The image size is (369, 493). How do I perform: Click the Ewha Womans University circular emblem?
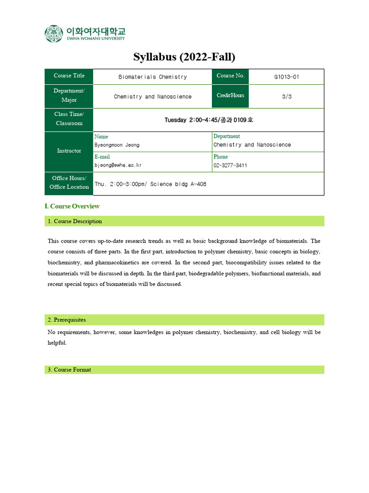tap(54, 34)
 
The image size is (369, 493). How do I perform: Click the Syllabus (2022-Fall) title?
tap(184, 57)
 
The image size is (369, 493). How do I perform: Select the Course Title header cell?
tap(69, 76)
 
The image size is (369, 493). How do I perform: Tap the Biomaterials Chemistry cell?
tap(152, 77)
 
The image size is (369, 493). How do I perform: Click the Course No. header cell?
tap(230, 76)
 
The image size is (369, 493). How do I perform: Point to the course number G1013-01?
tap(286, 77)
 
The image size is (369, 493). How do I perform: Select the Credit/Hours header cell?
tap(230, 96)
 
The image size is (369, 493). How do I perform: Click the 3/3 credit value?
tap(286, 96)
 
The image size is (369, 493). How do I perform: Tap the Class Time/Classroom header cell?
tap(69, 119)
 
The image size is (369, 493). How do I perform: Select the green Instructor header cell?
tap(69, 151)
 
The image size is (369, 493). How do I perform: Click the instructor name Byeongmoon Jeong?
tap(117, 145)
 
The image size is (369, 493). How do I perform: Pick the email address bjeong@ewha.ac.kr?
tap(118, 165)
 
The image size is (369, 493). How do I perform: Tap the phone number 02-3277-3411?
tap(231, 165)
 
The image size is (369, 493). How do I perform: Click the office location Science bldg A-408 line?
tap(150, 184)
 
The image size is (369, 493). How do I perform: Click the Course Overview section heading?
tap(72, 206)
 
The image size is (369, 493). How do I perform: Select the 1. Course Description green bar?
tap(184, 221)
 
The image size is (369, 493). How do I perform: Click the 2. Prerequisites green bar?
tap(184, 320)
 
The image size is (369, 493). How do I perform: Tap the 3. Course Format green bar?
tap(184, 370)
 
